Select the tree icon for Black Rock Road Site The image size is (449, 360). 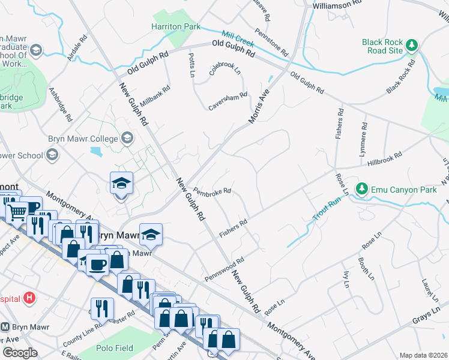pyautogui.click(x=412, y=45)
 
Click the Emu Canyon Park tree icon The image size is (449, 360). pyautogui.click(x=361, y=189)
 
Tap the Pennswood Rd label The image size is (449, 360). pyautogui.click(x=224, y=269)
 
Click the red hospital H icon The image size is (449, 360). pyautogui.click(x=29, y=298)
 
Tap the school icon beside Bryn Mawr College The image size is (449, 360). pyautogui.click(x=127, y=139)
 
